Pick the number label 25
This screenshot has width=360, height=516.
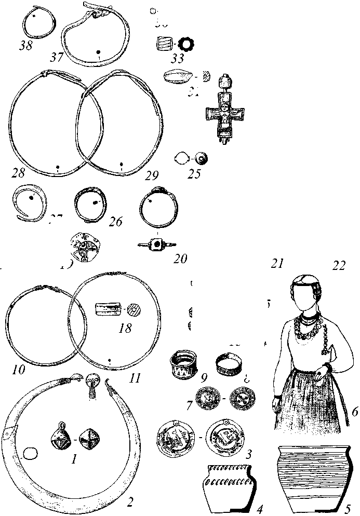(x=194, y=173)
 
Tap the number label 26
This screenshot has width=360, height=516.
(x=115, y=222)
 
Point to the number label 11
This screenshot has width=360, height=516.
(x=135, y=377)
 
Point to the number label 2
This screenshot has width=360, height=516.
(x=130, y=502)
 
